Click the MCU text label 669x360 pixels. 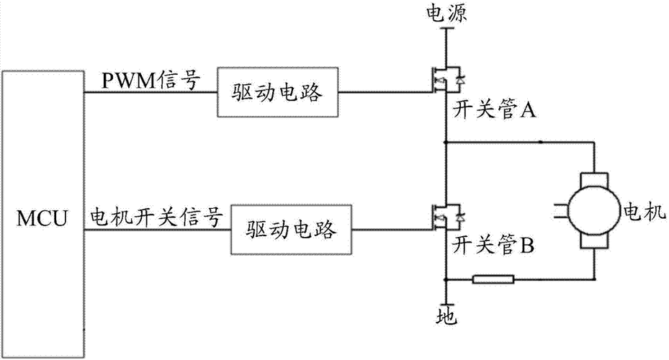tap(44, 215)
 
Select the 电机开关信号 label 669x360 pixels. tap(153, 217)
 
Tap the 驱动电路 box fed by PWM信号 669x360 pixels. tap(278, 93)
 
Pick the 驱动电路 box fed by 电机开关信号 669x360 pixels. tap(292, 231)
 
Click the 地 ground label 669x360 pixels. tap(446, 315)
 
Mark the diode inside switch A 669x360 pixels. tap(459, 78)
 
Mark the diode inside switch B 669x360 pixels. tap(459, 215)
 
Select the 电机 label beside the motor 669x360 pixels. tap(638, 212)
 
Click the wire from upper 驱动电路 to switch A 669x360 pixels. tap(385, 92)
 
